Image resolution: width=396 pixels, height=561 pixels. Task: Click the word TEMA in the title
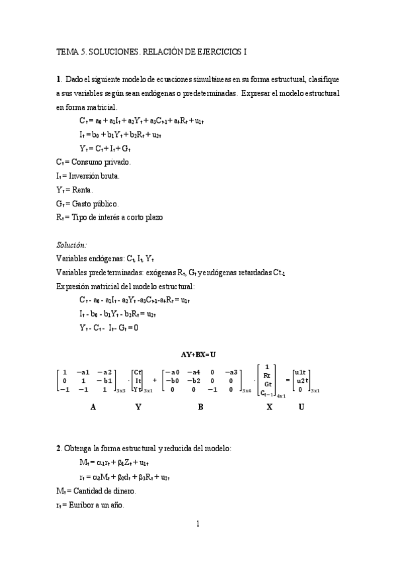click(x=67, y=51)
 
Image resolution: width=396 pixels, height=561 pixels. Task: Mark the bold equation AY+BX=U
click(x=198, y=354)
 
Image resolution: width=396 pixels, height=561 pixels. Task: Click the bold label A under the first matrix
click(x=93, y=408)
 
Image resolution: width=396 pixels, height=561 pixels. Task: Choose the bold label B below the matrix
click(x=200, y=408)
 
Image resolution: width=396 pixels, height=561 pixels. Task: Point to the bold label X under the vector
click(x=269, y=408)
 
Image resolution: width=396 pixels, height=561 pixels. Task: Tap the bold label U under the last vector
click(x=301, y=408)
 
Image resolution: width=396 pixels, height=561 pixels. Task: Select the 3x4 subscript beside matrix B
click(x=247, y=392)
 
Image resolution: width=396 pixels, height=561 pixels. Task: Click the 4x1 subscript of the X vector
click(x=281, y=396)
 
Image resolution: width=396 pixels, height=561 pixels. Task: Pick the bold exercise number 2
click(x=59, y=449)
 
